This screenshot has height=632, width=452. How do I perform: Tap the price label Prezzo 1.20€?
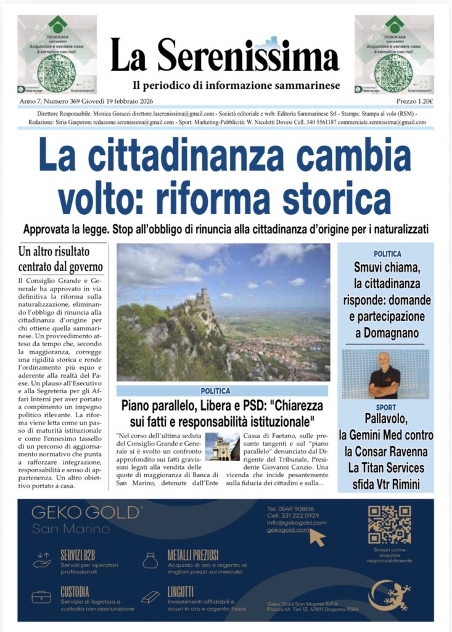click(x=414, y=101)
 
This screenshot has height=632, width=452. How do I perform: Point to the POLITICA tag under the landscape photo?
click(x=215, y=391)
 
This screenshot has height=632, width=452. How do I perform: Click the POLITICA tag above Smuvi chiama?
click(x=387, y=254)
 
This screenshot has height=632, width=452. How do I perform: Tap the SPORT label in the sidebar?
click(x=385, y=408)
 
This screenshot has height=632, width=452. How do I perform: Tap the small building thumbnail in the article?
click(x=222, y=447)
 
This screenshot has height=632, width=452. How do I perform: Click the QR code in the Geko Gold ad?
click(x=389, y=524)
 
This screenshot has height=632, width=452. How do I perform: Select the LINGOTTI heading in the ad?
click(x=180, y=591)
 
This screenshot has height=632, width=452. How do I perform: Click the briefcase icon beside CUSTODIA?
click(x=42, y=597)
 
